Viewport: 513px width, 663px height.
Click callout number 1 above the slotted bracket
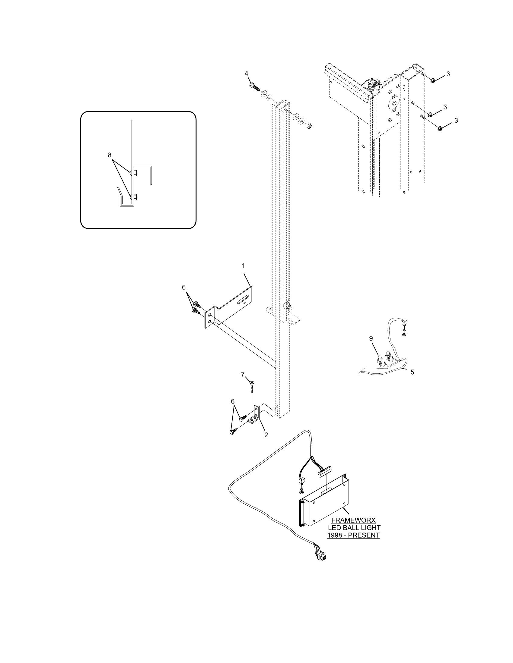[x=243, y=266]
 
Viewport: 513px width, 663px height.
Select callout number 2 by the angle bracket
[x=266, y=435]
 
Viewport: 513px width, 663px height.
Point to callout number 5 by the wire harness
[x=412, y=372]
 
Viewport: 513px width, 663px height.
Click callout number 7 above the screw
[x=243, y=375]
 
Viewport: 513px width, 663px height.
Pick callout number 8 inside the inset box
[x=110, y=155]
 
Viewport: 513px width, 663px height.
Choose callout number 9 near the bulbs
[x=371, y=338]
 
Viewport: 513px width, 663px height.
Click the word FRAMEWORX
[x=353, y=521]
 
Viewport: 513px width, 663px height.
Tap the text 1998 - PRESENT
[x=353, y=535]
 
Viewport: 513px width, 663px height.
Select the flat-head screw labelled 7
[x=252, y=387]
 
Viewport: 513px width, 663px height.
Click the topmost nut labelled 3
[x=433, y=80]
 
